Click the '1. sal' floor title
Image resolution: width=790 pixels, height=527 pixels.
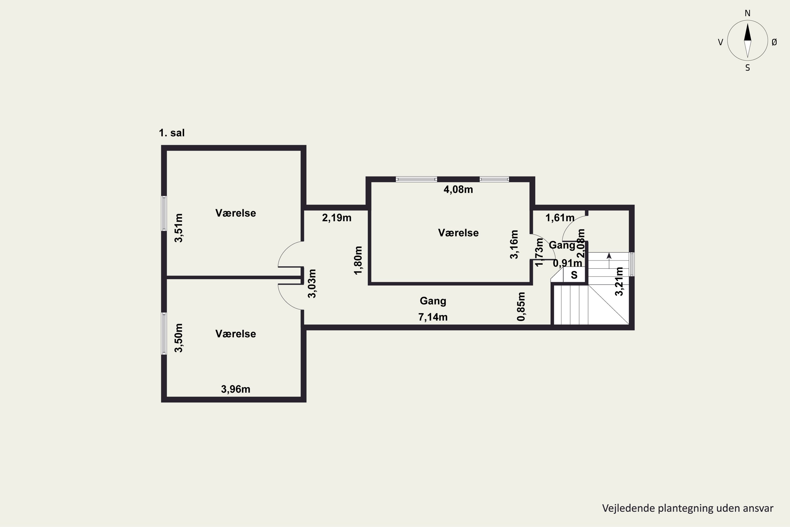point(172,133)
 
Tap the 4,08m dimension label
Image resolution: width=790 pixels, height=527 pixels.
point(458,189)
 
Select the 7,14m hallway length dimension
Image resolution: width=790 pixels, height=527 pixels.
point(433,317)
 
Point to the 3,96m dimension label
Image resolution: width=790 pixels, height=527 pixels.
point(235,389)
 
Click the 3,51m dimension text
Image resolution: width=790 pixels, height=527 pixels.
point(179,228)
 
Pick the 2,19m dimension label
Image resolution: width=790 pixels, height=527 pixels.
point(337,218)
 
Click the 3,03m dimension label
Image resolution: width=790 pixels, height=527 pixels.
point(312,283)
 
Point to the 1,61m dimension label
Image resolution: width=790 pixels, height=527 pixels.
point(560,218)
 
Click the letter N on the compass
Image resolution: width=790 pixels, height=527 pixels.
point(747,13)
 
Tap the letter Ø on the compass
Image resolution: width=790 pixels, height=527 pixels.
point(774,42)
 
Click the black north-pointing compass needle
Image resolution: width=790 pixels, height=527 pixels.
point(747,32)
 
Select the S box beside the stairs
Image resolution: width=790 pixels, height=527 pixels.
point(574,275)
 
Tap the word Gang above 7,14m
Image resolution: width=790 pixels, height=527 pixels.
point(433,301)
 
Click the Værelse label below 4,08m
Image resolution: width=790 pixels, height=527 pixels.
point(458,233)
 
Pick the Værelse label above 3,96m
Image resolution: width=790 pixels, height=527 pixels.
point(235,334)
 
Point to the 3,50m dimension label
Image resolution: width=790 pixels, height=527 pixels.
point(179,338)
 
